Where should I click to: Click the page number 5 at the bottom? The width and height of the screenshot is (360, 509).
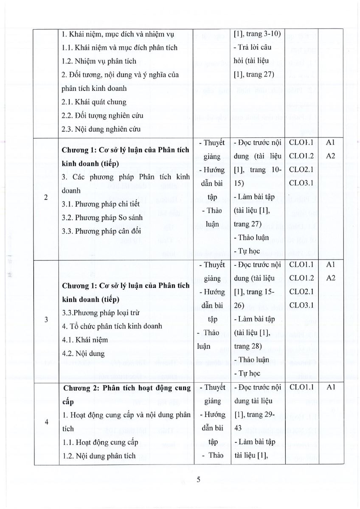click(x=198, y=480)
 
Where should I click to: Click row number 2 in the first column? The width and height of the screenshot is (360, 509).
click(x=46, y=197)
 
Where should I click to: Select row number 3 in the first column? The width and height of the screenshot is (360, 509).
click(x=46, y=319)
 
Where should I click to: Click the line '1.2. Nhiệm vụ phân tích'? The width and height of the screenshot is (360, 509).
click(x=99, y=61)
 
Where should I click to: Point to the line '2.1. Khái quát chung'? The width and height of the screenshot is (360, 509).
click(x=94, y=102)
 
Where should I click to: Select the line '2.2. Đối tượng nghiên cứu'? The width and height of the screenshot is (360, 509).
click(x=102, y=116)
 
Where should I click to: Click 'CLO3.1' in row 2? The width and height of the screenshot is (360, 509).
click(x=301, y=183)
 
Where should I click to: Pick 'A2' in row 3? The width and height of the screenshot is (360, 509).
click(x=331, y=278)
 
